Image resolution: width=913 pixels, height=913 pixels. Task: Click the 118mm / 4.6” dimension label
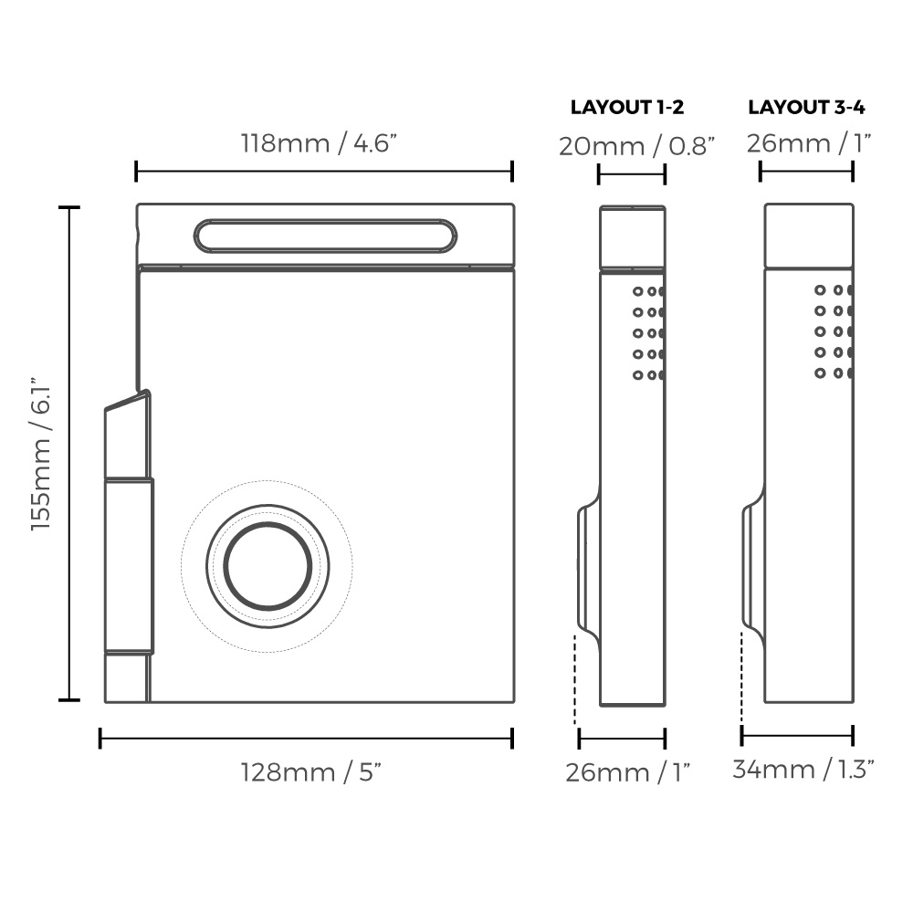click(x=320, y=144)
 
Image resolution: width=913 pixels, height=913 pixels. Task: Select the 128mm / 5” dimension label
click(x=310, y=772)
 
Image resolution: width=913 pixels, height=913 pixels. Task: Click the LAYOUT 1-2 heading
click(x=627, y=107)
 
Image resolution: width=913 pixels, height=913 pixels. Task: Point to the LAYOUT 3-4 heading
click(x=807, y=107)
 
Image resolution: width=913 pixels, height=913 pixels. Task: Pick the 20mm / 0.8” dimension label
click(x=636, y=145)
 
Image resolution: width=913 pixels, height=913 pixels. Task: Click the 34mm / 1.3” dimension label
click(x=804, y=770)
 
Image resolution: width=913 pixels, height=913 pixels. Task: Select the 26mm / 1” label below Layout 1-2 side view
click(x=627, y=772)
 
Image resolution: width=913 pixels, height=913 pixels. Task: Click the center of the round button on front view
click(x=268, y=567)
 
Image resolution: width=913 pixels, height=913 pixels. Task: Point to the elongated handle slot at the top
click(x=325, y=236)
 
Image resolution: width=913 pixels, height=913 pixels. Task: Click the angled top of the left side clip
click(x=127, y=404)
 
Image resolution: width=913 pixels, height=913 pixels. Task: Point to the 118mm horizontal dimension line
click(x=324, y=171)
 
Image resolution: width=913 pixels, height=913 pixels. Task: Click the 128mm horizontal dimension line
click(x=306, y=738)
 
